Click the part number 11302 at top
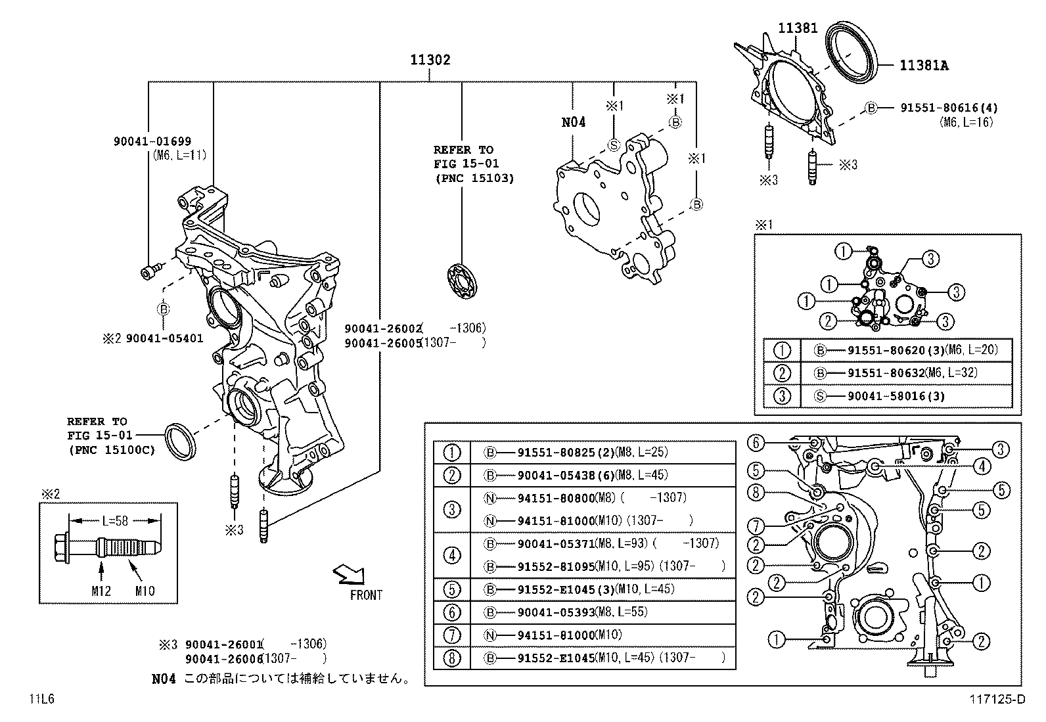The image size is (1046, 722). (x=430, y=60)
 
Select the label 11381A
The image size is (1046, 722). (x=924, y=65)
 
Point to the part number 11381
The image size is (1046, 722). (x=798, y=28)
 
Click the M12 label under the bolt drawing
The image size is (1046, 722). (x=101, y=591)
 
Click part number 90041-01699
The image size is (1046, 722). (x=152, y=141)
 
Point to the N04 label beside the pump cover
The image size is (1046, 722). (x=573, y=122)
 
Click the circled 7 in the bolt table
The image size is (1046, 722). (x=452, y=635)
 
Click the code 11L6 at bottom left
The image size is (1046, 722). (x=41, y=699)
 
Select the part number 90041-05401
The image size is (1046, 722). (x=164, y=338)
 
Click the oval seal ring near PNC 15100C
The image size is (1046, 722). (x=179, y=442)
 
